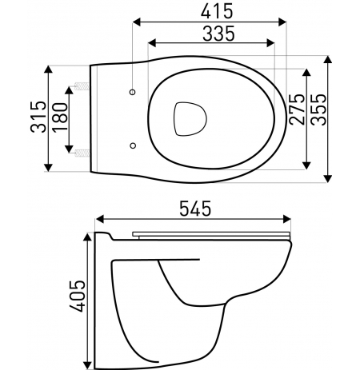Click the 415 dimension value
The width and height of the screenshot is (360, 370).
[217, 12]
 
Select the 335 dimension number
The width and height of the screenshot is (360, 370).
[218, 34]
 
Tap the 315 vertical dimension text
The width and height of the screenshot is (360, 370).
[38, 117]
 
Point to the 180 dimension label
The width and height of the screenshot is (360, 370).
[60, 117]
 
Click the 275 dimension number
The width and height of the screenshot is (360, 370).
[297, 109]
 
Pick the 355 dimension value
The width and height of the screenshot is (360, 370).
[318, 109]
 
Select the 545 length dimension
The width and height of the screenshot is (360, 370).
[195, 209]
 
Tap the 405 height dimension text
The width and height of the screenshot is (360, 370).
[78, 296]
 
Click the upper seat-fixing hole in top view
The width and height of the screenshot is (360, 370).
[132, 92]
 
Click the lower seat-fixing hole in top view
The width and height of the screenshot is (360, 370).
[133, 145]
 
